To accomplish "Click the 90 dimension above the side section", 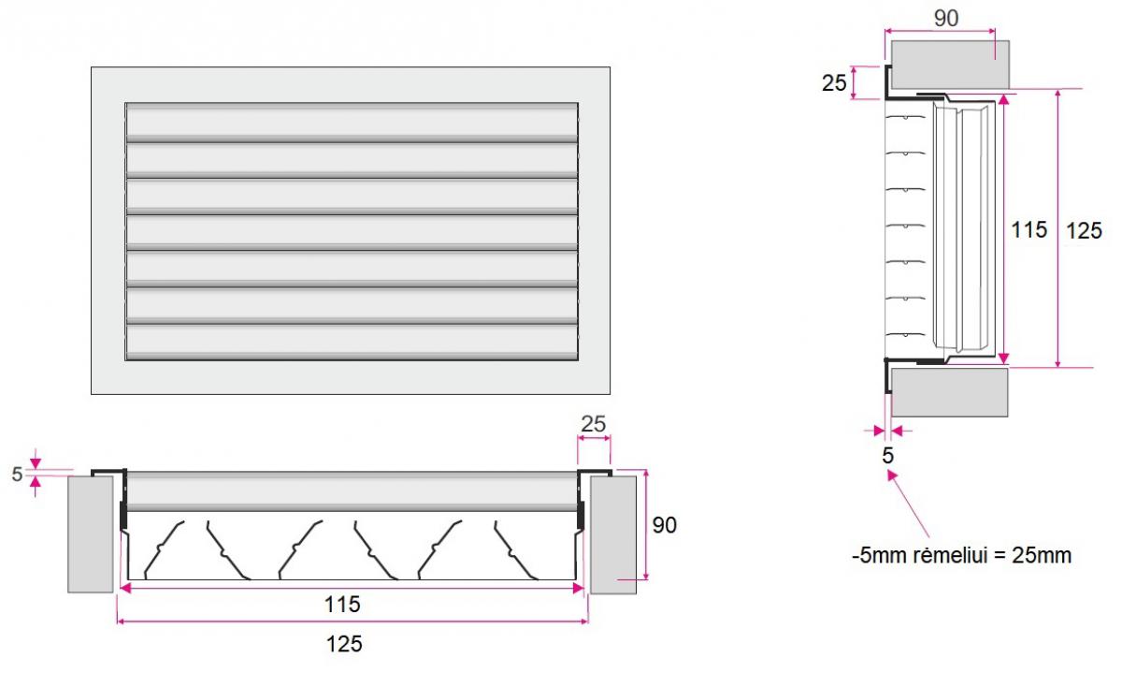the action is pyautogui.click(x=946, y=19).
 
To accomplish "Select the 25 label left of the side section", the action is pyautogui.click(x=834, y=83).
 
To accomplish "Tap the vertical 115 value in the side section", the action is pyautogui.click(x=1028, y=230).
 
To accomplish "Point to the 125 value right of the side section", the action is pyautogui.click(x=1084, y=231).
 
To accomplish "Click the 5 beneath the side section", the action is pyautogui.click(x=887, y=456).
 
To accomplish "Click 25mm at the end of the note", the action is pyautogui.click(x=1042, y=556).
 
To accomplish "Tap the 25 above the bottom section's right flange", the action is pyautogui.click(x=594, y=425).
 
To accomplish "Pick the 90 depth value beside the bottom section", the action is pyautogui.click(x=665, y=525).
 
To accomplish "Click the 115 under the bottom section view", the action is pyautogui.click(x=342, y=605).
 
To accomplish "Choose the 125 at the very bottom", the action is pyautogui.click(x=344, y=644).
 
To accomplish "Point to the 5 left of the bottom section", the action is pyautogui.click(x=18, y=474).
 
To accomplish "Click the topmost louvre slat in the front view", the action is pyautogui.click(x=352, y=122).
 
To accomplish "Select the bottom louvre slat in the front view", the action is pyautogui.click(x=352, y=343).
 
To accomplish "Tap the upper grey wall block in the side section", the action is pyautogui.click(x=950, y=65).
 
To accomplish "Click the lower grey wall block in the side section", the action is pyautogui.click(x=950, y=393).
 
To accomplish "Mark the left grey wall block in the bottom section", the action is pyautogui.click(x=91, y=534).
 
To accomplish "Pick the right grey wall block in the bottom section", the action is pyautogui.click(x=613, y=535).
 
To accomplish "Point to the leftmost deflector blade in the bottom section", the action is pyautogui.click(x=164, y=549).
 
